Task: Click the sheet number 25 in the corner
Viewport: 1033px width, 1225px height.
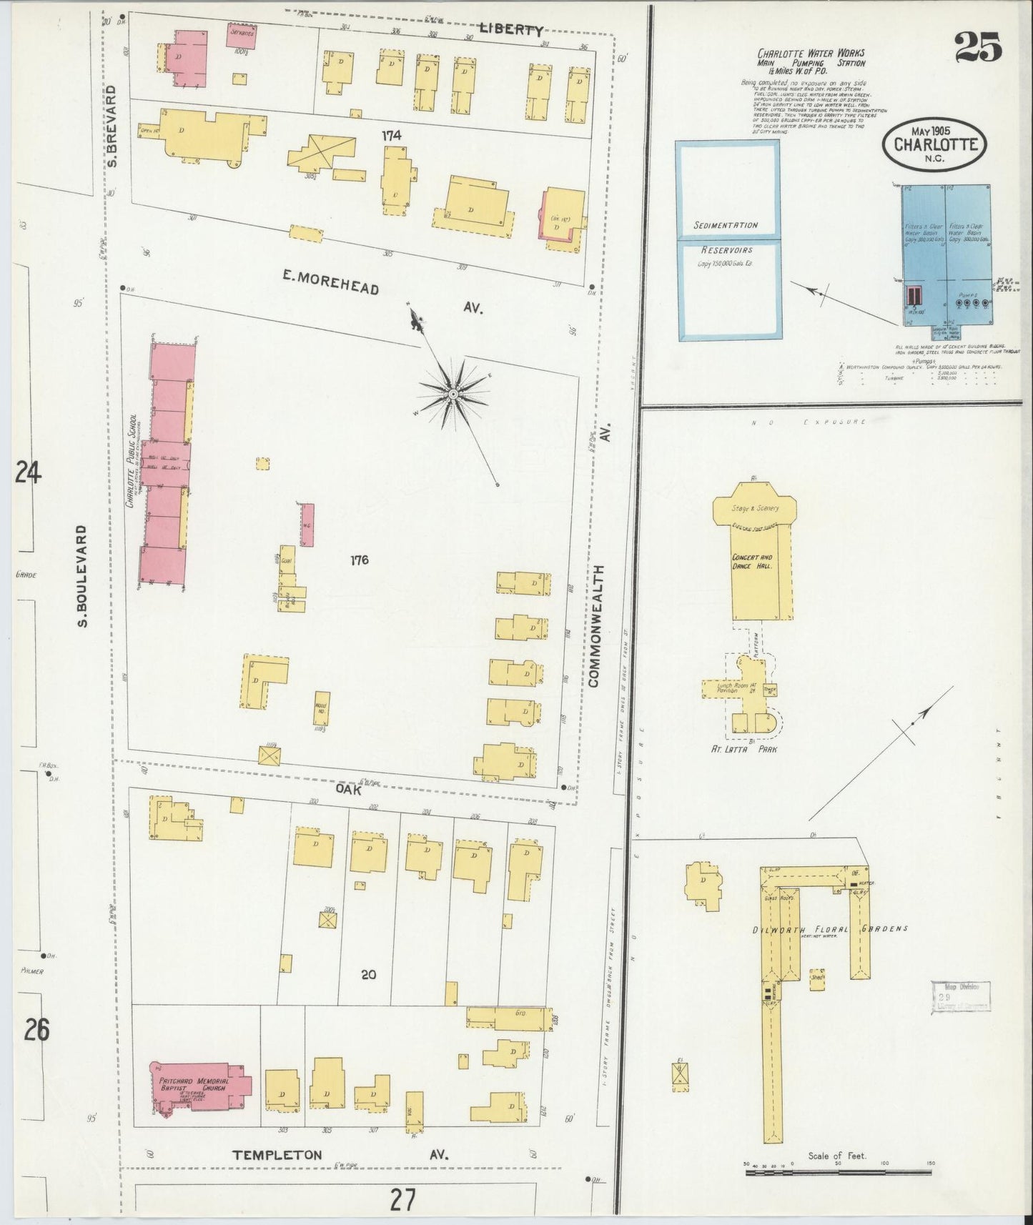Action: pos(977,49)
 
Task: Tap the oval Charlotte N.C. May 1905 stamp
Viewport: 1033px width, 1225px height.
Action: pos(936,144)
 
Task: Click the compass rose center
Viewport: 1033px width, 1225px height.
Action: pos(453,394)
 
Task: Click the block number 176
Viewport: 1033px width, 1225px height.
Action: pos(359,560)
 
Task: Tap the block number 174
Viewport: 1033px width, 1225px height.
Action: pos(391,135)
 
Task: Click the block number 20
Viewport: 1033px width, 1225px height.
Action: pos(368,973)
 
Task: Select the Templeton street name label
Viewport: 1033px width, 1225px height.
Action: pos(277,1154)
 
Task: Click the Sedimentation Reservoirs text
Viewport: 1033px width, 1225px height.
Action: pos(726,238)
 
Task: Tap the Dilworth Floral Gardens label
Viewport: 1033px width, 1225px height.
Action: pos(830,928)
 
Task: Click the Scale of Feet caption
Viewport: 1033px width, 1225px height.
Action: pos(837,1156)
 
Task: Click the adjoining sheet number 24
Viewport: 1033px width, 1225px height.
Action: pos(27,473)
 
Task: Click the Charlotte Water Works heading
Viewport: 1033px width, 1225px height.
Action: pos(811,54)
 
